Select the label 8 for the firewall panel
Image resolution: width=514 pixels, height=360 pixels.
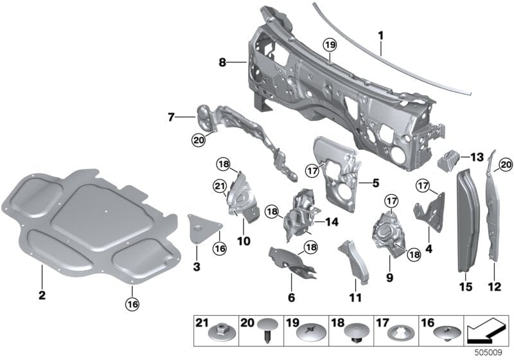tap(222, 62)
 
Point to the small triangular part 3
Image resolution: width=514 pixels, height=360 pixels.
tap(202, 227)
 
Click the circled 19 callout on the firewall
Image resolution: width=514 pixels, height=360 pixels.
tap(330, 44)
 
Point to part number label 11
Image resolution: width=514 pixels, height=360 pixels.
tap(355, 298)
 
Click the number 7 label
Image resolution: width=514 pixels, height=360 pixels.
tap(171, 117)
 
